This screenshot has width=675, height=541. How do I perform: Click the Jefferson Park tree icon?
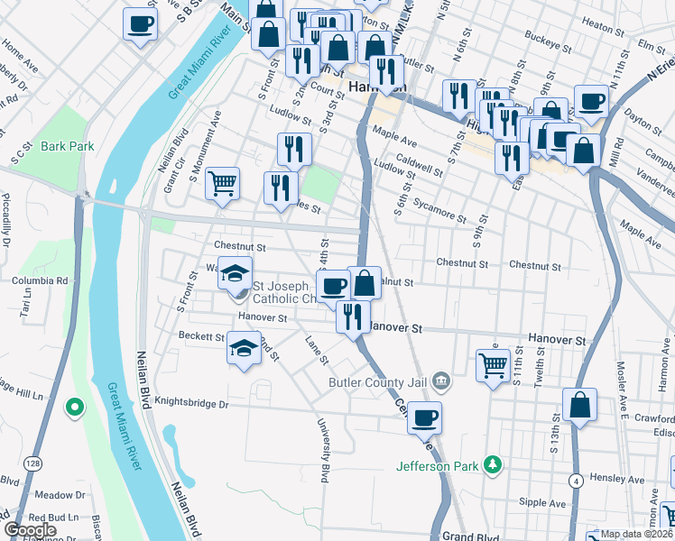493,465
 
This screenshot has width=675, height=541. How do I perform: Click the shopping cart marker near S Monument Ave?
222,184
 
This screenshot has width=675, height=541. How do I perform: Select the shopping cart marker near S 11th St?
493,365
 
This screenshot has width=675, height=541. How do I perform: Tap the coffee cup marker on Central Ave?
425,417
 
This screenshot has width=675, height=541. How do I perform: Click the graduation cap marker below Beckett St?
244,348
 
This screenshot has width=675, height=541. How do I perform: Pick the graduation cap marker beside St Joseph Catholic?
235,273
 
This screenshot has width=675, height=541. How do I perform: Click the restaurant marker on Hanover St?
352,316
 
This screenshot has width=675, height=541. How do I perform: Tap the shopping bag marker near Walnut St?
365,283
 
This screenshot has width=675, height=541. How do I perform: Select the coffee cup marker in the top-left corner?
140,24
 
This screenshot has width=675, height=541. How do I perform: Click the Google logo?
31,530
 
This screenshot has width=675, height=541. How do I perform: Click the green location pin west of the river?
73,408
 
